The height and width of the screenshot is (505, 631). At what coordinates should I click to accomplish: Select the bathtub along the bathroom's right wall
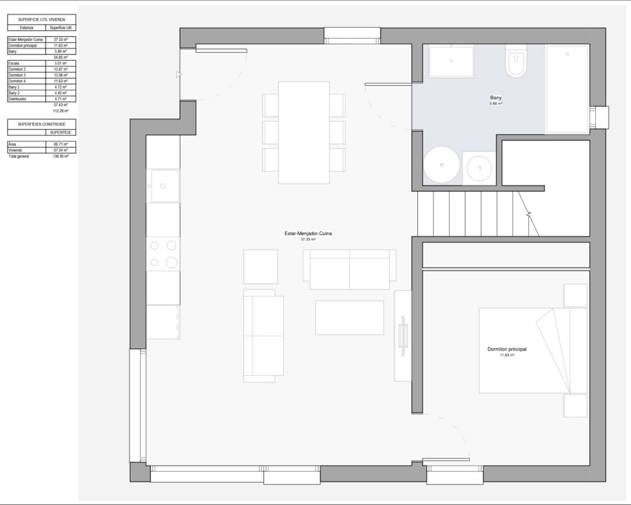coord(567,89)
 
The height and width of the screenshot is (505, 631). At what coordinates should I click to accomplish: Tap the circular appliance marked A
coord(442,165)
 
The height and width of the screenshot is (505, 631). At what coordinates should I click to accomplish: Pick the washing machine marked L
coord(479,167)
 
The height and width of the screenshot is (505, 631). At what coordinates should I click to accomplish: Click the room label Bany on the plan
coord(496,98)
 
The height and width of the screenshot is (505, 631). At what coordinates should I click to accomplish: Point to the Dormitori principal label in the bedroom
coord(507,349)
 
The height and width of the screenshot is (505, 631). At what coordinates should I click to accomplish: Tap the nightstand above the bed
coord(575,295)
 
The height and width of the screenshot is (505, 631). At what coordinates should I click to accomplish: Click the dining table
coord(303,132)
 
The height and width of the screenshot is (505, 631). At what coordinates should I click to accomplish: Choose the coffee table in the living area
coord(349,317)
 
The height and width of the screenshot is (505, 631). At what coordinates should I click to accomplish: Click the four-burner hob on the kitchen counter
coord(163,254)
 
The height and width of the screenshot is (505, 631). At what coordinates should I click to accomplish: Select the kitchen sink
coord(164,186)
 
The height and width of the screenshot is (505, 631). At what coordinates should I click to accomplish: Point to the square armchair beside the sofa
coord(260,266)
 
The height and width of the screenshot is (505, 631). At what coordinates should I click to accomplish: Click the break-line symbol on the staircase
coord(528,214)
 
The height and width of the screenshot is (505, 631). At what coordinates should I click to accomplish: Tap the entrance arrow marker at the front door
coord(179,75)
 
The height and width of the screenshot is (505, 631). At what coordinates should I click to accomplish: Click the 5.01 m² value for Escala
coord(61,64)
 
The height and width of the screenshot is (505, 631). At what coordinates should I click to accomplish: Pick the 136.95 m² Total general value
coord(61,156)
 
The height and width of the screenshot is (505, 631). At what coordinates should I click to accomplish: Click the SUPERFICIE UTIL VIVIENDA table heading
coord(41,20)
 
